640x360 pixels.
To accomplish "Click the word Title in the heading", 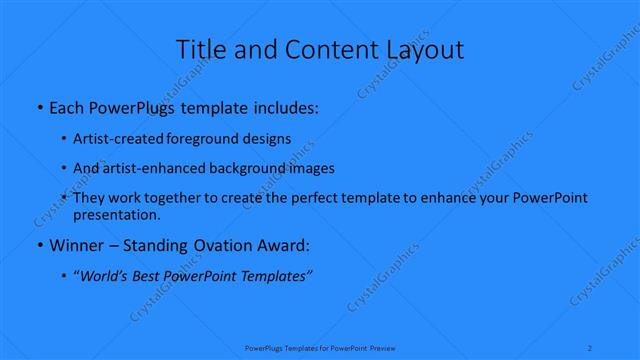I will coord(199,49).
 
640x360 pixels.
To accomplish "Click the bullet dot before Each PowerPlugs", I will coord(38,105).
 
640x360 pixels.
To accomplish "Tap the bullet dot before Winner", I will coord(38,245).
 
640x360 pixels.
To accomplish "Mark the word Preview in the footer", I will coord(381,348).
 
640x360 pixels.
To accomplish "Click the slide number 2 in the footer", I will coord(592,348).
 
